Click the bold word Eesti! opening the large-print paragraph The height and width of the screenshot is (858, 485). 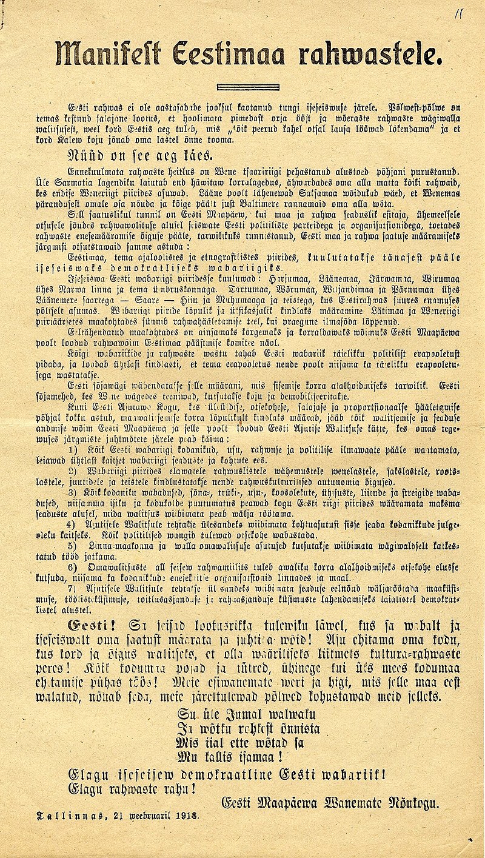(89, 626)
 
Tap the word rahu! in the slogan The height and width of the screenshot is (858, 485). (181, 789)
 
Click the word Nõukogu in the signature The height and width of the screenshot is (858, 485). (415, 803)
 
